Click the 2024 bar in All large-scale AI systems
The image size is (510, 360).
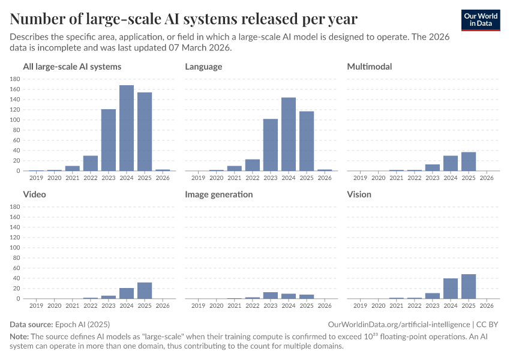[x=127, y=128]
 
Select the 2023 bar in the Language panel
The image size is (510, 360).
[x=271, y=145]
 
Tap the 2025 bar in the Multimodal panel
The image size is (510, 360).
[x=469, y=161]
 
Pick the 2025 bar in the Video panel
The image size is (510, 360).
[x=145, y=290]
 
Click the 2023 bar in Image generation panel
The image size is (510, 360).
[x=271, y=295]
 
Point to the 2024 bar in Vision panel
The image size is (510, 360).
[x=451, y=289]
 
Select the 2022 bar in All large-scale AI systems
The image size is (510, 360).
[x=91, y=163]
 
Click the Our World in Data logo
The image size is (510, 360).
[x=481, y=19]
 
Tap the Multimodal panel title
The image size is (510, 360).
[x=370, y=67]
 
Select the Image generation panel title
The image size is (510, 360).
[x=218, y=194]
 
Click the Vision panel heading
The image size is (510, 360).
[x=359, y=194]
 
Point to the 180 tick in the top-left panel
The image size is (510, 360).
[x=16, y=79]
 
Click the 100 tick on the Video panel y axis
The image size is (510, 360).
[x=16, y=248]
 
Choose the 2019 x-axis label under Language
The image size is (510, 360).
[x=199, y=178]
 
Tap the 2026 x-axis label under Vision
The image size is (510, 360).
[x=487, y=305]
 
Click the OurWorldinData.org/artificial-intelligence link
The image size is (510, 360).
[x=399, y=324]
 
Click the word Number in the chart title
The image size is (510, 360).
[x=37, y=19]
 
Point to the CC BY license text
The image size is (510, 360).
[x=488, y=324]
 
